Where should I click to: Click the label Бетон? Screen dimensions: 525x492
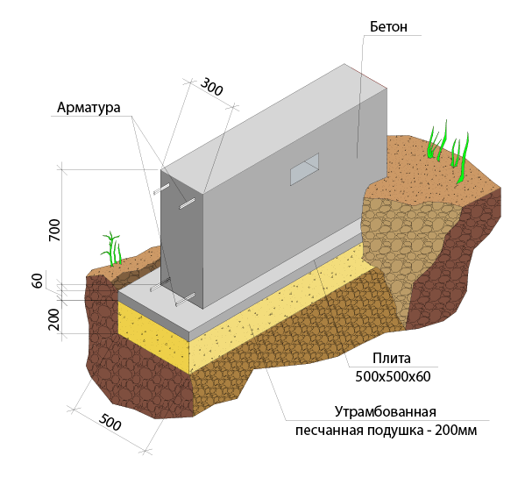click(x=388, y=27)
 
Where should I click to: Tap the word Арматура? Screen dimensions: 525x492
click(x=89, y=108)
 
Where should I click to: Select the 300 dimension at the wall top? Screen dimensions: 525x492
click(x=211, y=87)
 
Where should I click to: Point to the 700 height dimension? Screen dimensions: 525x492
click(x=54, y=230)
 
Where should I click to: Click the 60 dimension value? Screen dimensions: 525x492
click(x=38, y=281)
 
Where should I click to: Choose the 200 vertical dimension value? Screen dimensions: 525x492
click(x=54, y=319)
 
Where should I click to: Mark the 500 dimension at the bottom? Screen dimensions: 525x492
click(x=110, y=422)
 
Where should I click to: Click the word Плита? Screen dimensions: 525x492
click(x=392, y=359)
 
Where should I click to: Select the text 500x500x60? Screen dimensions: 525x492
click(x=393, y=377)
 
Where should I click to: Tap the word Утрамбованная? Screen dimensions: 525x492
click(x=386, y=411)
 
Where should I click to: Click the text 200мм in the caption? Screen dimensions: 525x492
click(x=456, y=431)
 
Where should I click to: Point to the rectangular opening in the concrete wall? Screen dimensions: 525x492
click(x=304, y=168)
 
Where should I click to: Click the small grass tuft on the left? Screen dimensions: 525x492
click(x=112, y=249)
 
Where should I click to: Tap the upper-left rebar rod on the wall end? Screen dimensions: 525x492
click(x=161, y=189)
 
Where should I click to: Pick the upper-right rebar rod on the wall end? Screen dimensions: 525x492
click(x=187, y=203)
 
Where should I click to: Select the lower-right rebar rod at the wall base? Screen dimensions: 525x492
click(x=185, y=299)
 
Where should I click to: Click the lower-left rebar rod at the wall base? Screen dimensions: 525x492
click(x=160, y=285)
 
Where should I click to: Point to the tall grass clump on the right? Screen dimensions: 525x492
click(x=449, y=152)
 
